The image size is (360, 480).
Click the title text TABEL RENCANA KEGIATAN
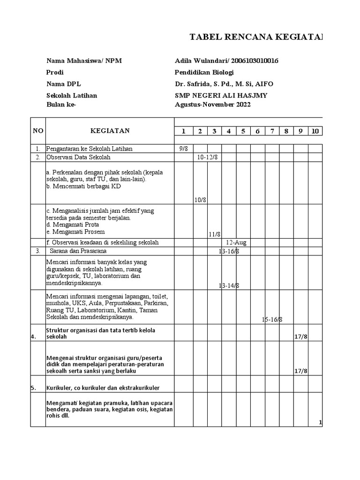(x=256, y=37)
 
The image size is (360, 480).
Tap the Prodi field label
(x=55, y=73)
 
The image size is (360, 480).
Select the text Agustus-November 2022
(x=212, y=105)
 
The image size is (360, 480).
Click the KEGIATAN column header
(x=110, y=131)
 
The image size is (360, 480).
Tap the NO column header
(x=37, y=131)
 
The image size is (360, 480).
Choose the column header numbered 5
(x=243, y=131)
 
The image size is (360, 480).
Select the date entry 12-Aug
(x=236, y=243)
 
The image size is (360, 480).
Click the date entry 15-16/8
(x=272, y=319)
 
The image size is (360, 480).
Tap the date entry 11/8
(x=215, y=234)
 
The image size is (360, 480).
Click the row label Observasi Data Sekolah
(x=78, y=157)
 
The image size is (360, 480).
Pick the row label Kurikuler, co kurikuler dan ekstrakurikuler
(x=103, y=388)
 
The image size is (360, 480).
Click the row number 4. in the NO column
(x=34, y=336)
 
